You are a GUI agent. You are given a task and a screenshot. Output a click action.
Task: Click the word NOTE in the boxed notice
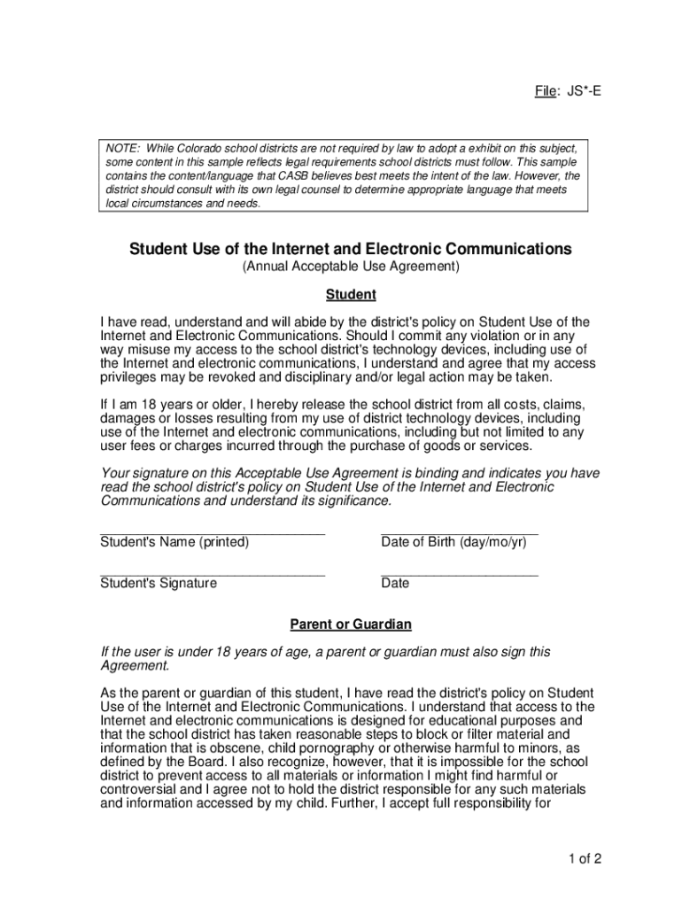[122, 147]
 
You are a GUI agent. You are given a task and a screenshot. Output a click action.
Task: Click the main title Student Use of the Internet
[350, 249]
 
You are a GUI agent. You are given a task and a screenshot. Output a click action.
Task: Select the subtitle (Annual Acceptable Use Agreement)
[350, 267]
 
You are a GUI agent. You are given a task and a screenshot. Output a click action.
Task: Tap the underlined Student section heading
[351, 294]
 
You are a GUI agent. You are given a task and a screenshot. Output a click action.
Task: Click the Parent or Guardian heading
[351, 624]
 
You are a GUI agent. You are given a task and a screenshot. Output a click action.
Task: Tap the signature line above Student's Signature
[213, 575]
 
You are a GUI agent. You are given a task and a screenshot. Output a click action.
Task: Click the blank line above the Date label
[459, 575]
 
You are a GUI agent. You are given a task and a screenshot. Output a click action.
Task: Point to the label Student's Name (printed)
[174, 542]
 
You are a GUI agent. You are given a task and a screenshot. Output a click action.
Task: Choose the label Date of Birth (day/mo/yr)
[453, 542]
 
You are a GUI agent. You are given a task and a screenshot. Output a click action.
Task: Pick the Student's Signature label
[159, 583]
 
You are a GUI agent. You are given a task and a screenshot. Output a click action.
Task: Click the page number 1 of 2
[587, 858]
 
